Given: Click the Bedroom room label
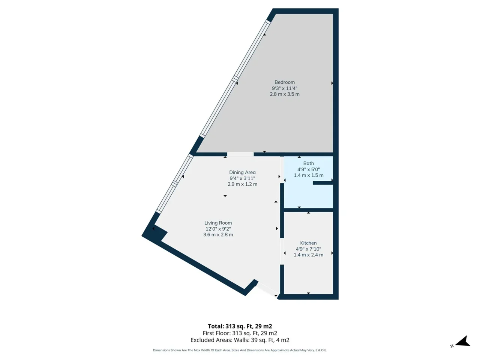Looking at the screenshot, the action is pos(284,82).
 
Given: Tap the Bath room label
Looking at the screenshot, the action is pos(308,163).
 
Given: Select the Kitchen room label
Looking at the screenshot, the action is pos(308,243).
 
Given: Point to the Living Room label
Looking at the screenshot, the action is pos(218,223).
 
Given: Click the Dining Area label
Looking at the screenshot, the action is pos(242,172).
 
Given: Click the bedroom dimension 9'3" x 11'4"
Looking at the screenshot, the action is pos(284,88).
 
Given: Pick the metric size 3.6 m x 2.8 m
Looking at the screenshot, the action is pos(218,235).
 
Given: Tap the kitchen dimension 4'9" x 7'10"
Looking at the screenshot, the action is pos(308,249).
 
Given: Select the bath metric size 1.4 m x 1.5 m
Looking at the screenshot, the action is pos(308,175).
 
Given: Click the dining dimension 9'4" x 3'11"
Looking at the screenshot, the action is pos(242,178).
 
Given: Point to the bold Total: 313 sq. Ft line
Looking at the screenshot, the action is pos(240,326).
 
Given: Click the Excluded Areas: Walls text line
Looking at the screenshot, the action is pos(240,340).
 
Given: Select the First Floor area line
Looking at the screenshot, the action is pos(240,333).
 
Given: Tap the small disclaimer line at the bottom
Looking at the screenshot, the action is pos(240,350).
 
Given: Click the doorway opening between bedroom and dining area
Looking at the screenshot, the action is pos(240,154).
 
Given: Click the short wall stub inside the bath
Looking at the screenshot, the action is pos(323,183).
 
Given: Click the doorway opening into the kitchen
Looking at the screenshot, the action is pos(282,251).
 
